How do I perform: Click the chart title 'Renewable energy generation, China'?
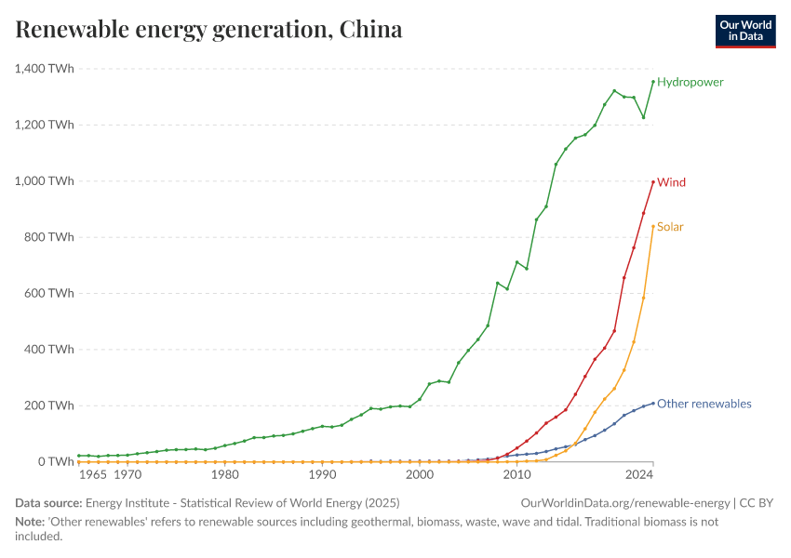[209, 30]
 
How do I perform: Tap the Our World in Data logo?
[744, 30]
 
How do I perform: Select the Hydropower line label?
[690, 82]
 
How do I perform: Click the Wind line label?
[671, 182]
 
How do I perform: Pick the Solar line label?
[670, 227]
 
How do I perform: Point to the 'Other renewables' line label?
[704, 404]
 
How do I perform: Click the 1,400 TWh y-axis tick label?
[45, 69]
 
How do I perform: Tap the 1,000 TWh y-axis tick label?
[45, 181]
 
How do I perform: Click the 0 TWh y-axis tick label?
[56, 461]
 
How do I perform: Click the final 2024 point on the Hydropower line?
[653, 81]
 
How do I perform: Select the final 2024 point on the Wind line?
[653, 181]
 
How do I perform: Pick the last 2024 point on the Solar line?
[653, 226]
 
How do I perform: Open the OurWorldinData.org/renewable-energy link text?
[625, 503]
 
